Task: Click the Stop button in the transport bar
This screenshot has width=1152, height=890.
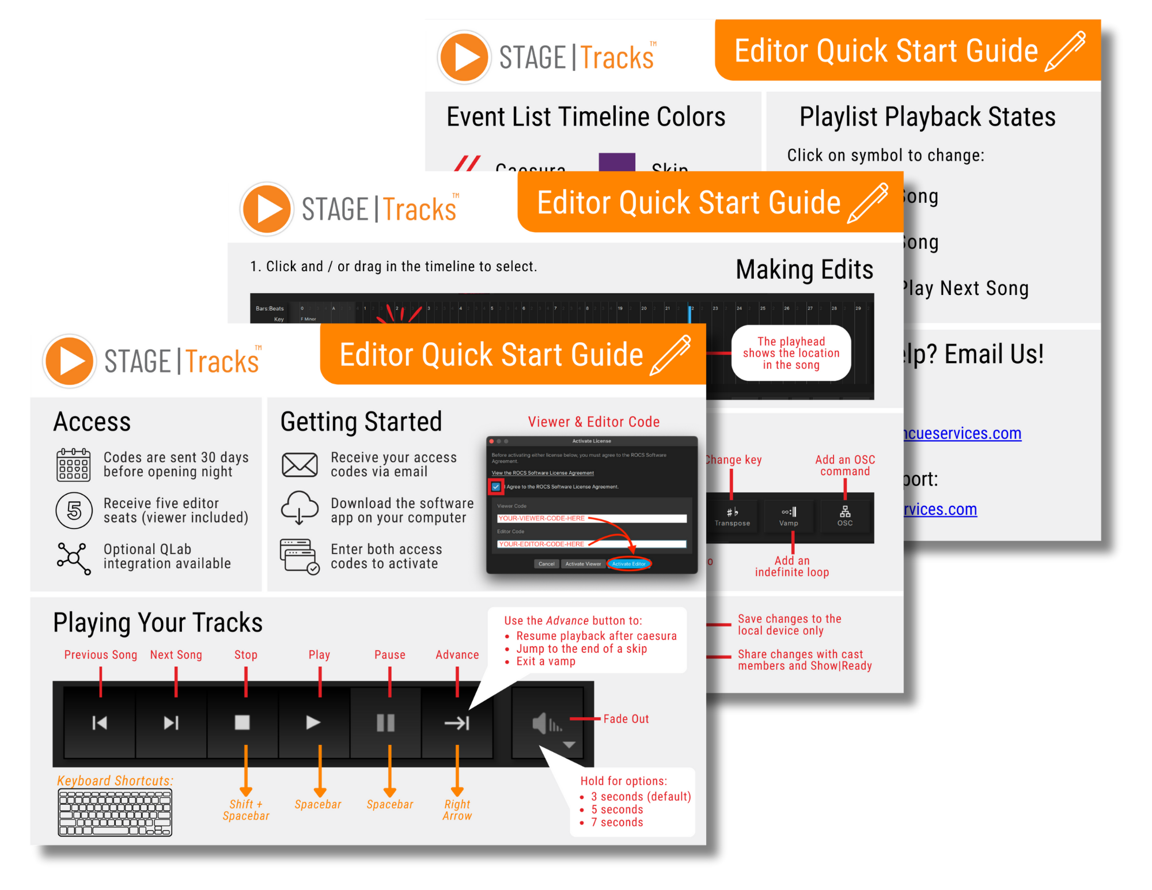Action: pyautogui.click(x=242, y=722)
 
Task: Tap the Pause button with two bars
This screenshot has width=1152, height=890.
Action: pyautogui.click(x=385, y=722)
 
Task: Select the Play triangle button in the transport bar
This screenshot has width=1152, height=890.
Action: pyautogui.click(x=313, y=722)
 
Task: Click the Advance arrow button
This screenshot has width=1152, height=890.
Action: pyautogui.click(x=457, y=722)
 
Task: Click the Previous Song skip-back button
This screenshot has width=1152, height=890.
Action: pyautogui.click(x=100, y=722)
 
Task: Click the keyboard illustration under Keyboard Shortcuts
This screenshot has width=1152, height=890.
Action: pyautogui.click(x=115, y=813)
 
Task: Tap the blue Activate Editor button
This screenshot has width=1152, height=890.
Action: pyautogui.click(x=628, y=564)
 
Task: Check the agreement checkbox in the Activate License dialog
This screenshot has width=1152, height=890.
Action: pyautogui.click(x=496, y=487)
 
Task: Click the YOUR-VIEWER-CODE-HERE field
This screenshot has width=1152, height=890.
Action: pyautogui.click(x=592, y=518)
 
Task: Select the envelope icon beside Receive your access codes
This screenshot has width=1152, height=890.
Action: pyautogui.click(x=300, y=465)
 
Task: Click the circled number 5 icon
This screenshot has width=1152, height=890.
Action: pyautogui.click(x=74, y=510)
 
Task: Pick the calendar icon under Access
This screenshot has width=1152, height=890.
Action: pyautogui.click(x=74, y=465)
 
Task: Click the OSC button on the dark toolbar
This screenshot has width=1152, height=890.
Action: pyautogui.click(x=844, y=516)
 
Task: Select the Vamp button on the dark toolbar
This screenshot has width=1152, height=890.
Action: pyautogui.click(x=789, y=516)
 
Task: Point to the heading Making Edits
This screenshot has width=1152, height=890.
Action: pyautogui.click(x=804, y=270)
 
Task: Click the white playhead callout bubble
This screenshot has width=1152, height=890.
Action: pyautogui.click(x=791, y=353)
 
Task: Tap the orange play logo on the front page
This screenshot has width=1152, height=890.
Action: pyautogui.click(x=70, y=361)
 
